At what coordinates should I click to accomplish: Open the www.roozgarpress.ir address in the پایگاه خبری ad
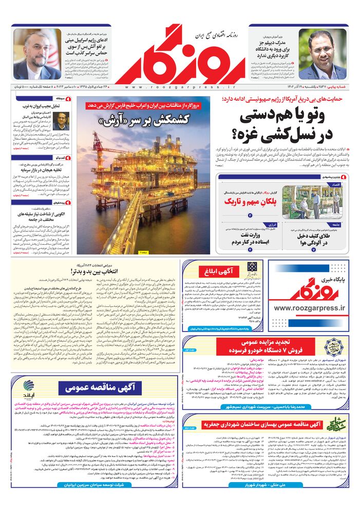coord(311,308)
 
